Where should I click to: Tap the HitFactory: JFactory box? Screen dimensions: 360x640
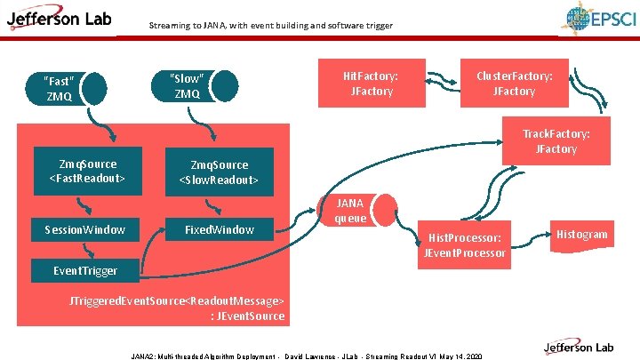pyautogui.click(x=371, y=84)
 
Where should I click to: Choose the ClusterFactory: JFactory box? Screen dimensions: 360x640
pyautogui.click(x=514, y=84)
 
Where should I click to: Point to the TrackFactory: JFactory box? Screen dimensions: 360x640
pyautogui.click(x=556, y=140)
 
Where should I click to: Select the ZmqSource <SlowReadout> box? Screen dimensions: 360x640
pyautogui.click(x=219, y=172)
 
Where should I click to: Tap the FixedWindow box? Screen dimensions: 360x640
pyautogui.click(x=219, y=229)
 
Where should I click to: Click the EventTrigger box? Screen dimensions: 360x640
pyautogui.click(x=85, y=269)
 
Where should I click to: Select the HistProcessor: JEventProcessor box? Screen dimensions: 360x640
pyautogui.click(x=467, y=245)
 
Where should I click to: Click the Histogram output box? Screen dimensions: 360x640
pyautogui.click(x=582, y=234)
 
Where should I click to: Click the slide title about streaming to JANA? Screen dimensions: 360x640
pyautogui.click(x=270, y=26)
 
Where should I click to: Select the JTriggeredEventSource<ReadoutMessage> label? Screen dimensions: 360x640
pyautogui.click(x=178, y=308)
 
